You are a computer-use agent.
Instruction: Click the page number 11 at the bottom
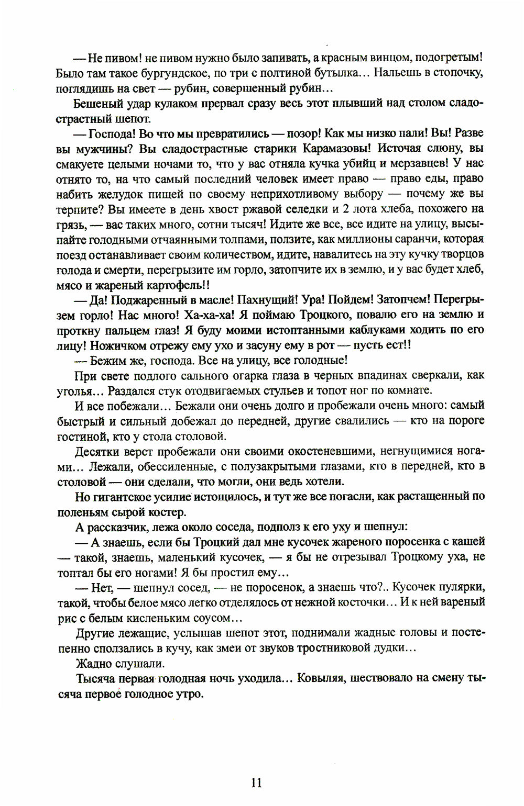point(256,782)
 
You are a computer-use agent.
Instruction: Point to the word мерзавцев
point(411,164)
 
